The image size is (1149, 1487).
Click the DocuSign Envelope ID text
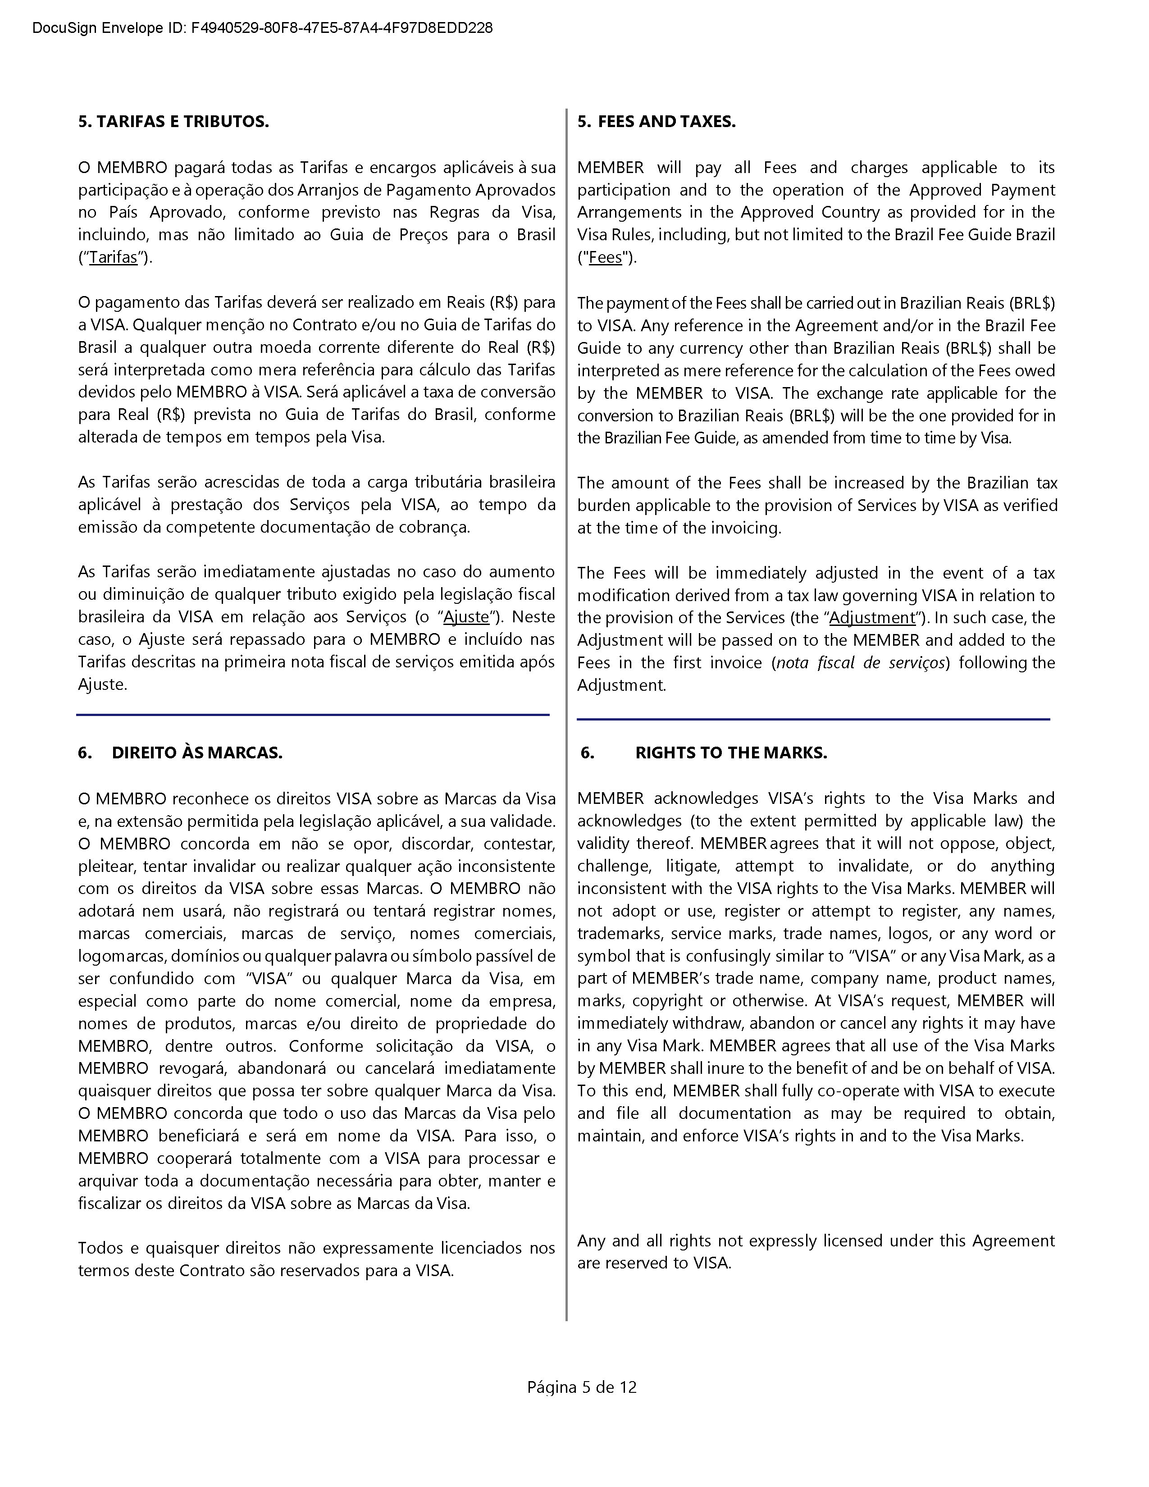[262, 28]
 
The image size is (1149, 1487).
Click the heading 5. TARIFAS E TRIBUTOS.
[173, 122]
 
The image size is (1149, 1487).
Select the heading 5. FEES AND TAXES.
[657, 122]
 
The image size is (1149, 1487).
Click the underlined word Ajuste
[466, 617]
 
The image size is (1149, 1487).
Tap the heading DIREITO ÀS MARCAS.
[197, 753]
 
